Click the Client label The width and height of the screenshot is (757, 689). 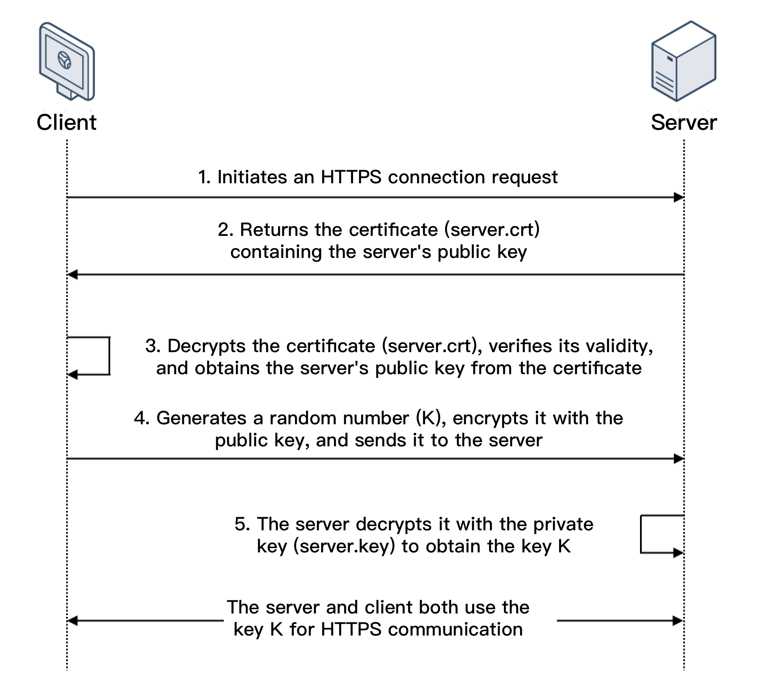tap(67, 123)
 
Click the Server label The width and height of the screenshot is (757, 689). tap(683, 123)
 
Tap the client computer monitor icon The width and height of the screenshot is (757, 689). tap(67, 62)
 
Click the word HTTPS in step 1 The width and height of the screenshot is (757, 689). tap(351, 177)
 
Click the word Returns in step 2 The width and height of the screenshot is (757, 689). tap(275, 230)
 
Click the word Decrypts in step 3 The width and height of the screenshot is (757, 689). tap(206, 346)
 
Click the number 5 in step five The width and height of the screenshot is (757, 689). tap(240, 524)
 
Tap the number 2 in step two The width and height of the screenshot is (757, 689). tap(223, 230)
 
